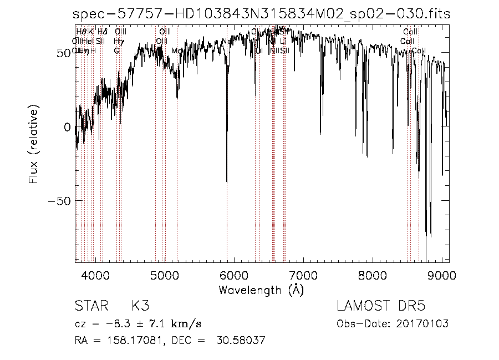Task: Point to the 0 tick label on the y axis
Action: [x=68, y=127]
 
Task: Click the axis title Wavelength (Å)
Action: [x=261, y=290]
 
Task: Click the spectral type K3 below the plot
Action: [x=140, y=306]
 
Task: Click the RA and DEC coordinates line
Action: [x=170, y=341]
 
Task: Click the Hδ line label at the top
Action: [x=102, y=32]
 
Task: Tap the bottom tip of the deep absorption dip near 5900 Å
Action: [x=227, y=182]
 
